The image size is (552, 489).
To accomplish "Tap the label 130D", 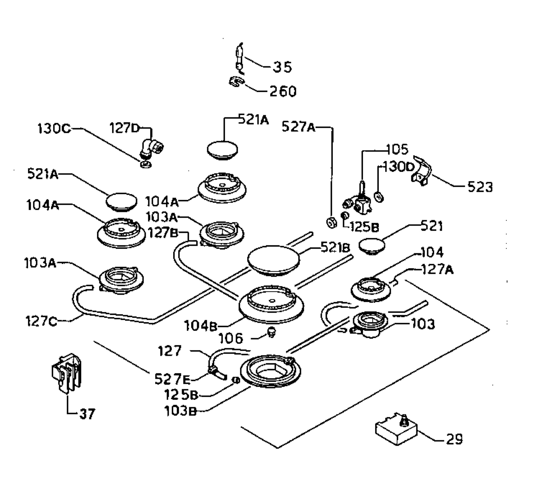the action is (x=398, y=167).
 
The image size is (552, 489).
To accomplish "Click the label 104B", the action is (x=201, y=326).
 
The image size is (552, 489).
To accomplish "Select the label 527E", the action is (x=172, y=379).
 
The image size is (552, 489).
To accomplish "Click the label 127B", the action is (x=163, y=233).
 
